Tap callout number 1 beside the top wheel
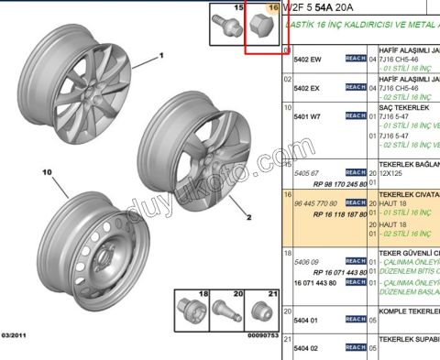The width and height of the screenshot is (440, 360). pyautogui.click(x=159, y=56)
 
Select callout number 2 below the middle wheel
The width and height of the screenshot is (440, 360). pyautogui.click(x=247, y=218)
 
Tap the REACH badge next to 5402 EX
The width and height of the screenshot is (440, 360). pyautogui.click(x=355, y=88)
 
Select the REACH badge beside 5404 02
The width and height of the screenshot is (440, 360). pyautogui.click(x=355, y=348)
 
